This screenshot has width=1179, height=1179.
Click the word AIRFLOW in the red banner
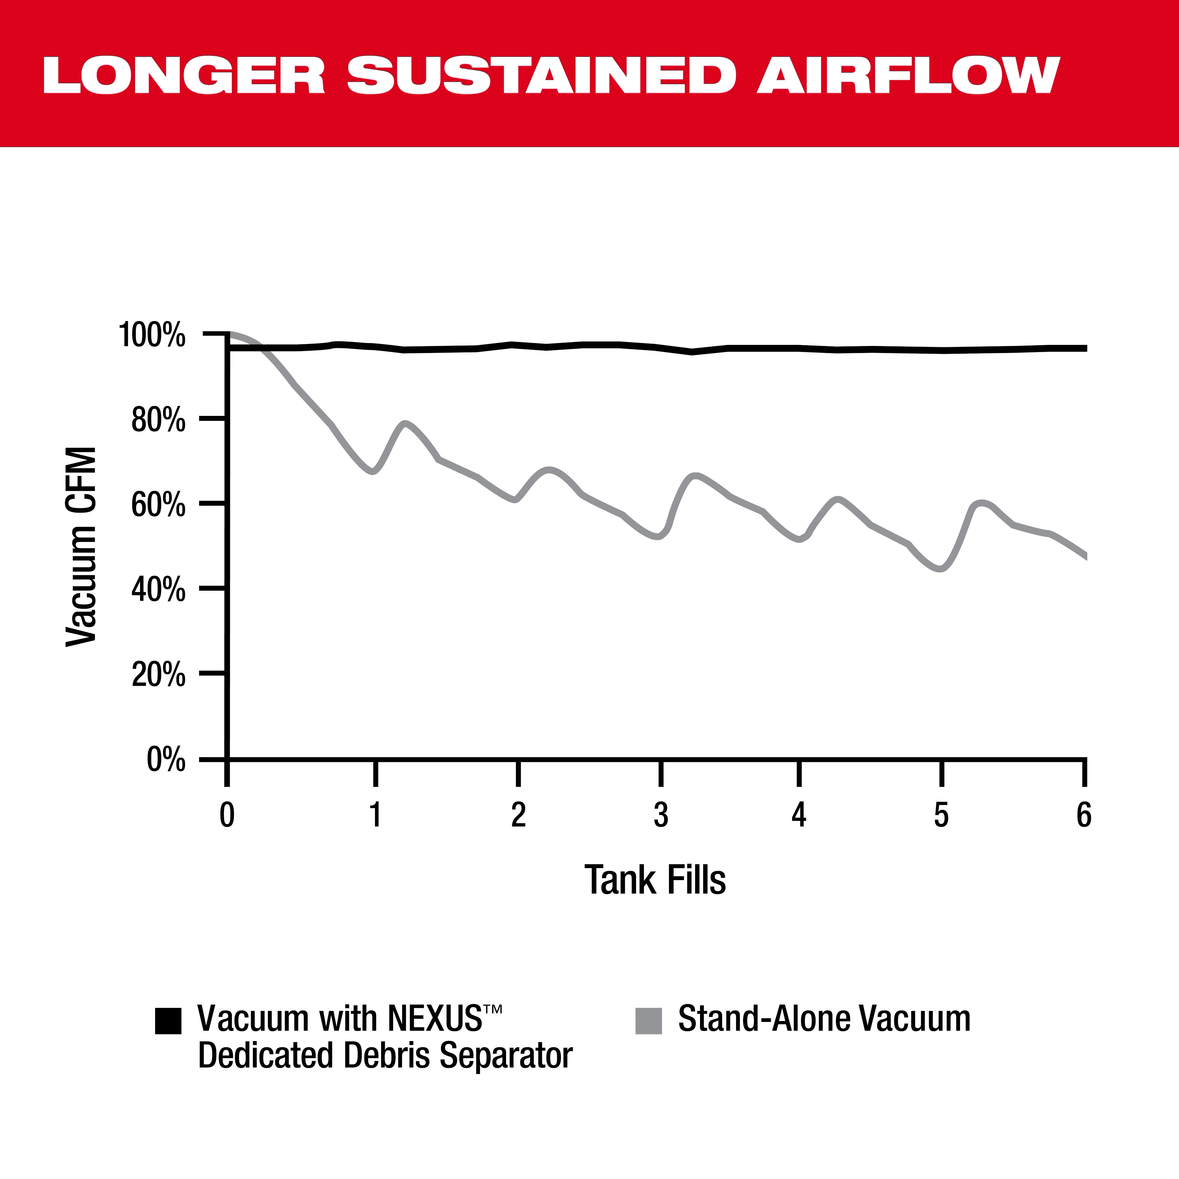(908, 76)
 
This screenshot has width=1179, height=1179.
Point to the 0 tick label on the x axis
(227, 815)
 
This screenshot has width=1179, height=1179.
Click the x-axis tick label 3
(661, 815)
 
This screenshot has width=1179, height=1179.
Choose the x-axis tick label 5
(942, 815)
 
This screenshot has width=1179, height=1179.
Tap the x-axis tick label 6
(1084, 815)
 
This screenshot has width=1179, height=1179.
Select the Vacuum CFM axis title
(81, 546)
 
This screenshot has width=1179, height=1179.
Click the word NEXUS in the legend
(434, 1018)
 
